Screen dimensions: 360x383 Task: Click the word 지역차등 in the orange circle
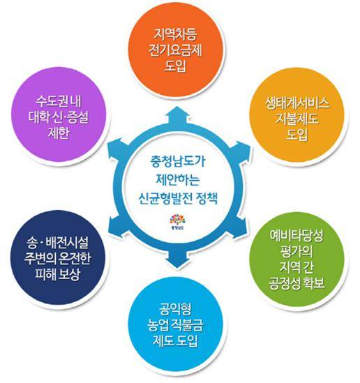[175, 34]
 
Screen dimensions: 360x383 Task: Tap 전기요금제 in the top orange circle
[175, 50]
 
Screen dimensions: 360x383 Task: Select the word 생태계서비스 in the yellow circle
[297, 103]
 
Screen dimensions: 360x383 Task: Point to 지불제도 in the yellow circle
[297, 119]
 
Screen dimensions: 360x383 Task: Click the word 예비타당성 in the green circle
[297, 235]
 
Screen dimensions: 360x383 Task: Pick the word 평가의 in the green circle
[297, 251]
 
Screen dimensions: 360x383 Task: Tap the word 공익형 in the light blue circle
[175, 309]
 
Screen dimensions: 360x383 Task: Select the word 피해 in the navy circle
[45, 274]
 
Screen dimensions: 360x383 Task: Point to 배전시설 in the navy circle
[67, 242]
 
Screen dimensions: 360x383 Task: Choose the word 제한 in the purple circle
[58, 133]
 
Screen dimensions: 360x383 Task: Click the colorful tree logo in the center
[177, 220]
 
